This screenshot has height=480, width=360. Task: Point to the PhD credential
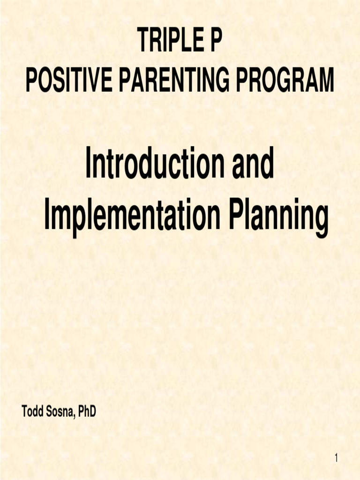tap(87, 412)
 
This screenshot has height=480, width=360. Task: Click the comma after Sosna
tap(75, 415)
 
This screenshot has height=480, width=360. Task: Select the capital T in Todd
tap(24, 412)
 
